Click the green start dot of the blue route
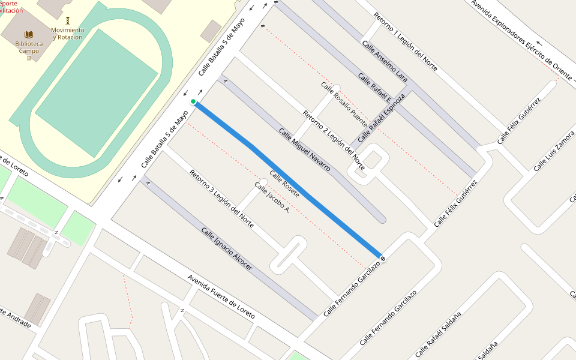(x=193, y=101)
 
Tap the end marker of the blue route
(x=383, y=259)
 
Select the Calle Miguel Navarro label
(x=304, y=150)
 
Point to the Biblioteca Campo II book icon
(x=29, y=35)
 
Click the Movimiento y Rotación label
(x=68, y=34)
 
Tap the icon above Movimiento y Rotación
(x=68, y=20)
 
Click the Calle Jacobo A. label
(x=272, y=199)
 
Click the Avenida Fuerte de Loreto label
(x=221, y=296)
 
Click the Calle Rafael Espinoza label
(x=382, y=118)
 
